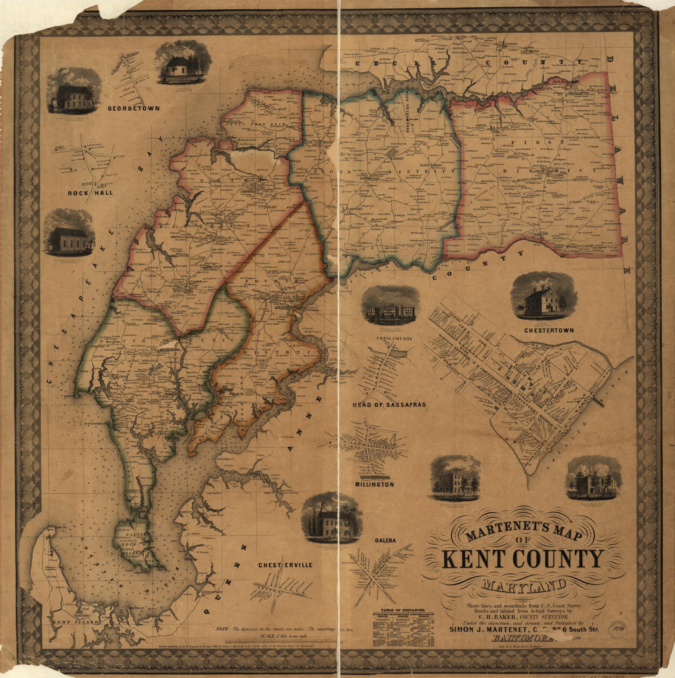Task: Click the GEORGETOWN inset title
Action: (x=133, y=109)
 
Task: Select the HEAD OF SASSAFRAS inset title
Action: (x=389, y=405)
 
